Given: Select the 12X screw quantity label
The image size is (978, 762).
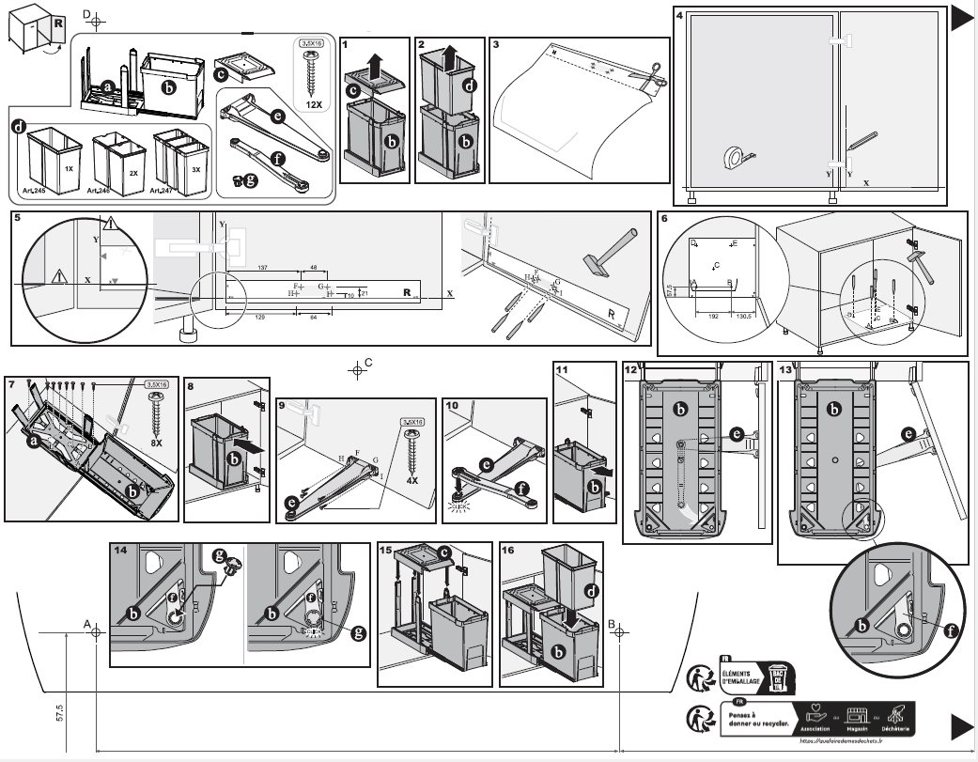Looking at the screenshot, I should (x=314, y=106).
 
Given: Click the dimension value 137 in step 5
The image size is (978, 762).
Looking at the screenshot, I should (x=262, y=268).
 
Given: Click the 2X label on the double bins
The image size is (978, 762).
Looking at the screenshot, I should (x=132, y=174).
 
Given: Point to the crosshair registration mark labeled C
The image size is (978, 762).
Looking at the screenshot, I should (x=356, y=368).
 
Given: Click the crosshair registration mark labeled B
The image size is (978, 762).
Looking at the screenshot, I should (x=620, y=631).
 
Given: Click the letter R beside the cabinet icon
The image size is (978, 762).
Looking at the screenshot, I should (x=59, y=22).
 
